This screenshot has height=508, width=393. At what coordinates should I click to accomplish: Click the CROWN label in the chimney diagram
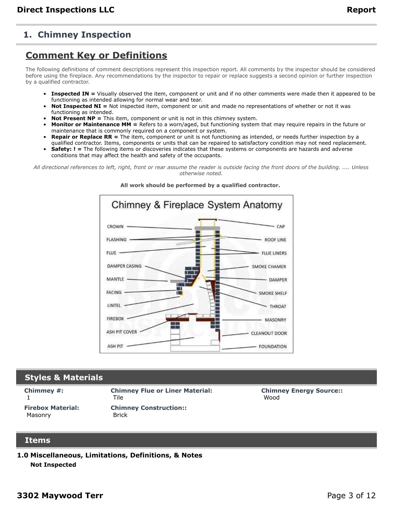pyautogui.click(x=115, y=226)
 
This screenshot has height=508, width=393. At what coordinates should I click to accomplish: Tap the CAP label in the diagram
pyautogui.click(x=280, y=226)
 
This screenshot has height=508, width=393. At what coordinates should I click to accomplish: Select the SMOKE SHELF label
pyautogui.click(x=273, y=293)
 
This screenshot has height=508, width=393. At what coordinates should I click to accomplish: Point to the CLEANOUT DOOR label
pyautogui.click(x=269, y=333)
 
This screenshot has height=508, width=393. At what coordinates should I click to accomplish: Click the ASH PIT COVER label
pyautogui.click(x=122, y=332)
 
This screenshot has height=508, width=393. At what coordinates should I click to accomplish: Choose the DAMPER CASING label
pyautogui.click(x=124, y=266)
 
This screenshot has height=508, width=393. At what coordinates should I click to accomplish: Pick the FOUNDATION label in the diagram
pyautogui.click(x=273, y=346)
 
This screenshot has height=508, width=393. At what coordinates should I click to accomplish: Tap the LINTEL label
pyautogui.click(x=114, y=305)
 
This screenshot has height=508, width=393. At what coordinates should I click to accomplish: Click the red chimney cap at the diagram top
pyautogui.click(x=208, y=220)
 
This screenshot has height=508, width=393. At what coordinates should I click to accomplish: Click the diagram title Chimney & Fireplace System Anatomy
pyautogui.click(x=197, y=205)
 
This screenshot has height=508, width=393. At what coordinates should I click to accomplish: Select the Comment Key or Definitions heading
pyautogui.click(x=96, y=55)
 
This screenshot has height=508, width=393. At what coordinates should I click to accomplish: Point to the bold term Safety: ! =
pyautogui.click(x=66, y=149)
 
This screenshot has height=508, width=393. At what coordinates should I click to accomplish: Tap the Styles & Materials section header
pyautogui.click(x=64, y=377)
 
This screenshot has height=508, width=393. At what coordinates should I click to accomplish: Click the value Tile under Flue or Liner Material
pyautogui.click(x=118, y=397)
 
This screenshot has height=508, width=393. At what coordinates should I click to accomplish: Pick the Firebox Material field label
pyautogui.click(x=52, y=408)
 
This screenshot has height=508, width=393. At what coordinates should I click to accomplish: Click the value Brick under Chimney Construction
pyautogui.click(x=120, y=415)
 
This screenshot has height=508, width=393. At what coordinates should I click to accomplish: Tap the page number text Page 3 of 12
pyautogui.click(x=351, y=495)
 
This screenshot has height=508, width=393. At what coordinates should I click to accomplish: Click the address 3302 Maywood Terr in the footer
pyautogui.click(x=60, y=495)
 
